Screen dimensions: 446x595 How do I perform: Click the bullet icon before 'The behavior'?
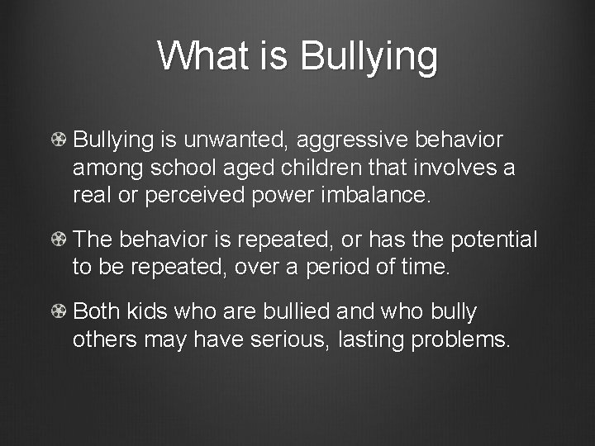coord(59,240)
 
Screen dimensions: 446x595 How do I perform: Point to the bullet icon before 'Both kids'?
coord(59,312)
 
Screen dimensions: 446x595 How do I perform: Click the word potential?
coord(494,240)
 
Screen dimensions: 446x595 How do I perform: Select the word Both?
coord(96,312)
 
